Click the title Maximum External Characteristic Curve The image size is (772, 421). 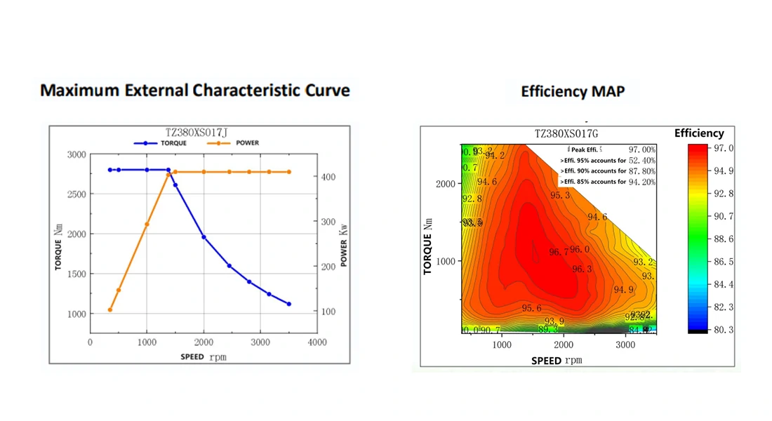[194, 91]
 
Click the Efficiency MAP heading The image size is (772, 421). [573, 91]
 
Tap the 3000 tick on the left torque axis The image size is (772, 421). [76, 154]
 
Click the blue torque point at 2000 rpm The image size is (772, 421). [204, 237]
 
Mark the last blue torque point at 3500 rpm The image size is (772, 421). [289, 304]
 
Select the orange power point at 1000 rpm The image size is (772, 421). [147, 225]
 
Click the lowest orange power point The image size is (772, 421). [110, 309]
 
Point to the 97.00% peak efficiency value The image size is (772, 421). [641, 149]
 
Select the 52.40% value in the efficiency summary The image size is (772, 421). [641, 160]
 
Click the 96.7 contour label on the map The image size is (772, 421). [559, 252]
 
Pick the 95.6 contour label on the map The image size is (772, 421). [531, 308]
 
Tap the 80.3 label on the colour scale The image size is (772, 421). [723, 329]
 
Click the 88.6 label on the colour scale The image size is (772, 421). [723, 239]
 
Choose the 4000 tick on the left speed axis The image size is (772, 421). [317, 342]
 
